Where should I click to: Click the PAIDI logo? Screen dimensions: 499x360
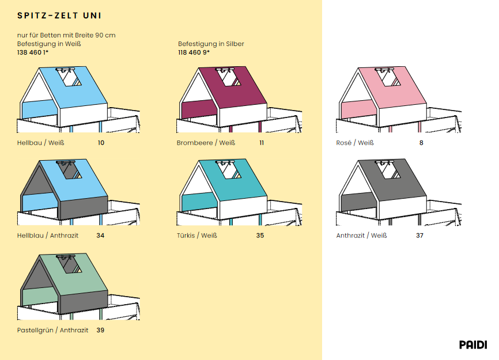473,344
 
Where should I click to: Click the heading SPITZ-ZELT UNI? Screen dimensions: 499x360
59,16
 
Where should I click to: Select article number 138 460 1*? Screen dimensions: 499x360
33,52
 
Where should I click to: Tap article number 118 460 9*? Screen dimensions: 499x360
194,52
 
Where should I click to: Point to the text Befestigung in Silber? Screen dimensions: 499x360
211,44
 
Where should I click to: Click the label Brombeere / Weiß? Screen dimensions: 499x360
206,143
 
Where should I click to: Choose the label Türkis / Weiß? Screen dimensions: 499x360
197,236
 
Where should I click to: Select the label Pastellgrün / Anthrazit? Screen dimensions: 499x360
52,330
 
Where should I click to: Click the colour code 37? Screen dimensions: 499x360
419,236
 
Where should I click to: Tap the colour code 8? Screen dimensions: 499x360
421,143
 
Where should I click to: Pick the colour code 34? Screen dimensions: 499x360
100,236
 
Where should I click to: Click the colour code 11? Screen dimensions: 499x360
262,143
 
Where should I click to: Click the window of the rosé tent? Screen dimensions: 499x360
388,78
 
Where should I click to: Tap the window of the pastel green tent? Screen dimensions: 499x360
70,264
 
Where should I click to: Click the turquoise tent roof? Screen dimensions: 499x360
233,180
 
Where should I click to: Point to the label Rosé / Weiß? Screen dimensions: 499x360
355,143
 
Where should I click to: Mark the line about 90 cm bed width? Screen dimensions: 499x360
66,35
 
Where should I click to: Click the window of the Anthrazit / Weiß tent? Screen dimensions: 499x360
388,170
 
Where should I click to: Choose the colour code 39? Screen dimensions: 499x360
100,330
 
